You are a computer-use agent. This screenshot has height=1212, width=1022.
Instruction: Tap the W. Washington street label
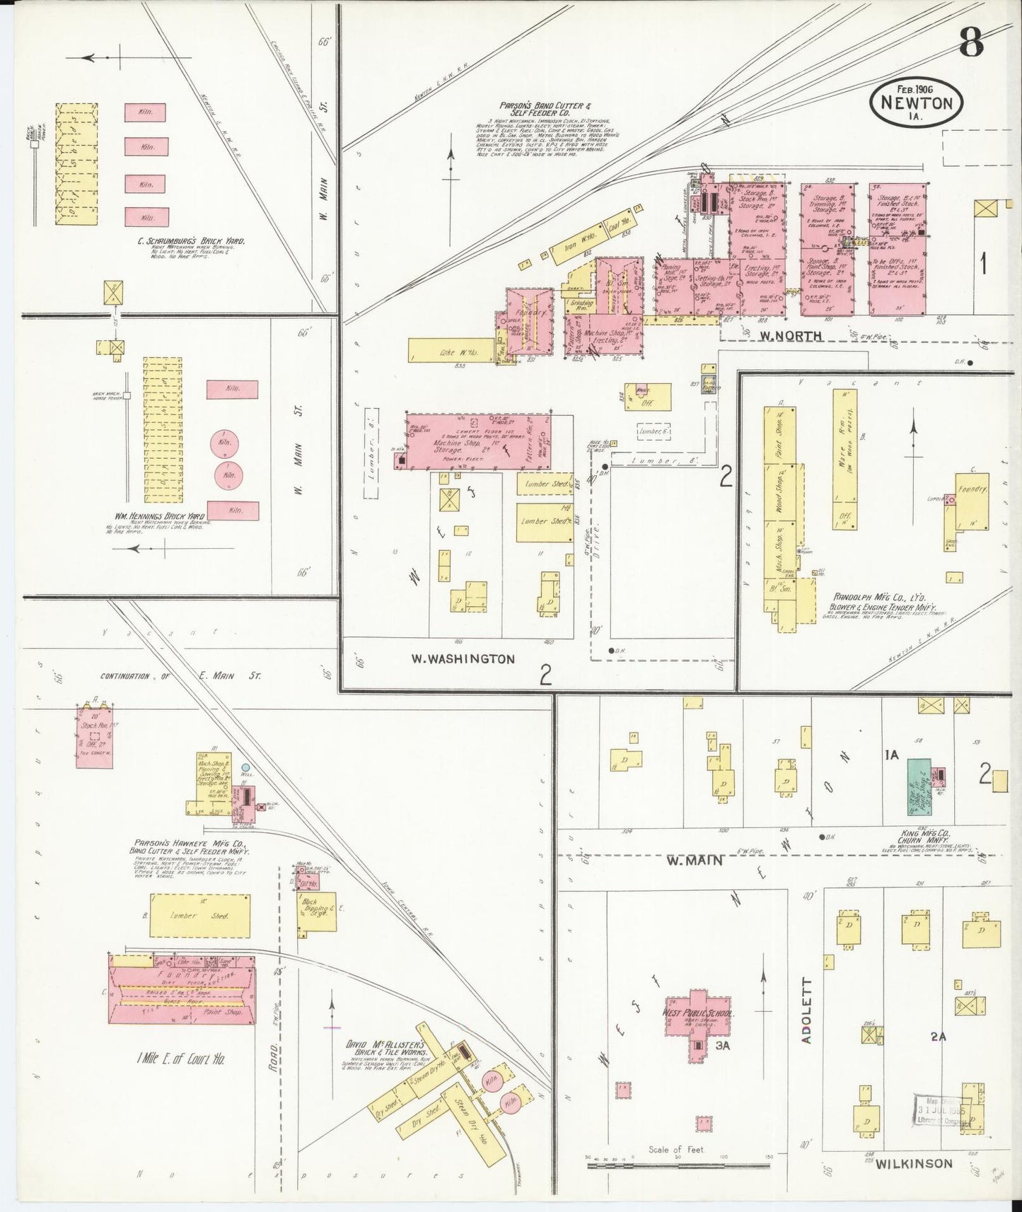pyautogui.click(x=463, y=658)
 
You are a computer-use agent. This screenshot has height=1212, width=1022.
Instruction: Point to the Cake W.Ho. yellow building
pyautogui.click(x=451, y=350)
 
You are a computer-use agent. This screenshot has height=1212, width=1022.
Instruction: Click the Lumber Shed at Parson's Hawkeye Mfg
pyautogui.click(x=199, y=916)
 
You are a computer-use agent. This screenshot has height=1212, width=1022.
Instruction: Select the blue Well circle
pyautogui.click(x=245, y=767)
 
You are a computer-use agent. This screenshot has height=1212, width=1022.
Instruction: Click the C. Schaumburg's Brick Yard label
pyautogui.click(x=192, y=241)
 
